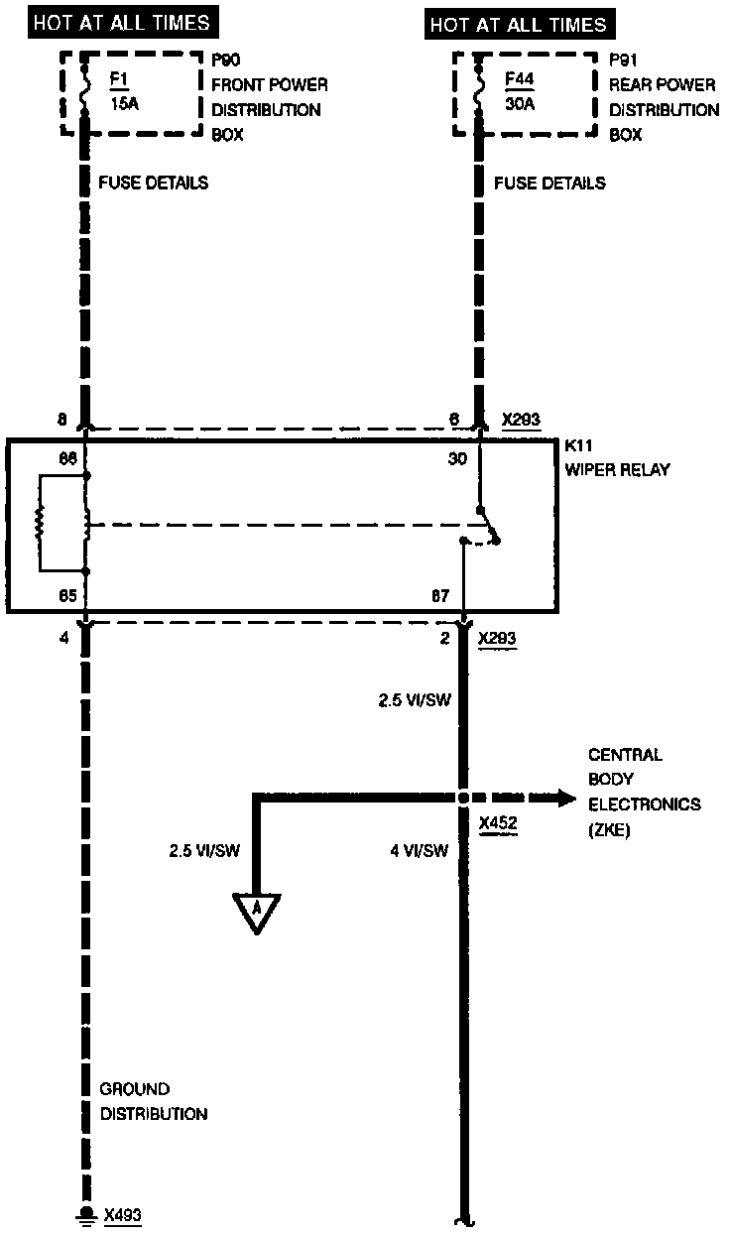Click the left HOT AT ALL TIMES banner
(x=122, y=22)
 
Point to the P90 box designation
(x=227, y=62)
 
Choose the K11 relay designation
(x=578, y=446)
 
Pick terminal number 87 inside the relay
(x=439, y=596)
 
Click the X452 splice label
(x=497, y=823)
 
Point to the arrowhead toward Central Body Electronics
(x=566, y=798)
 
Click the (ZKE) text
(x=610, y=828)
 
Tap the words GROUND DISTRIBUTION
(x=153, y=1101)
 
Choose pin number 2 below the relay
(x=445, y=638)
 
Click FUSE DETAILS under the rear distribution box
(x=549, y=184)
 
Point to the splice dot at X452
(x=462, y=798)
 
